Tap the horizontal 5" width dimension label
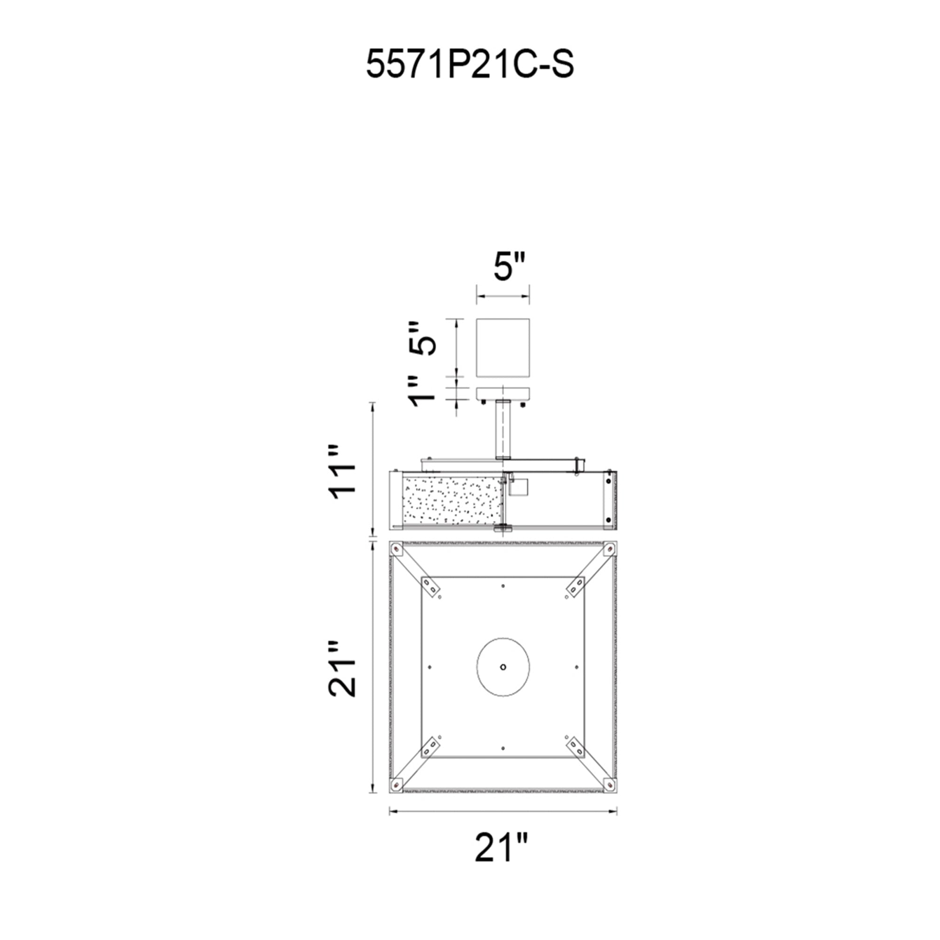(x=509, y=266)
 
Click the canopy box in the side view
(x=502, y=348)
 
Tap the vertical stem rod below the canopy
(x=502, y=430)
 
